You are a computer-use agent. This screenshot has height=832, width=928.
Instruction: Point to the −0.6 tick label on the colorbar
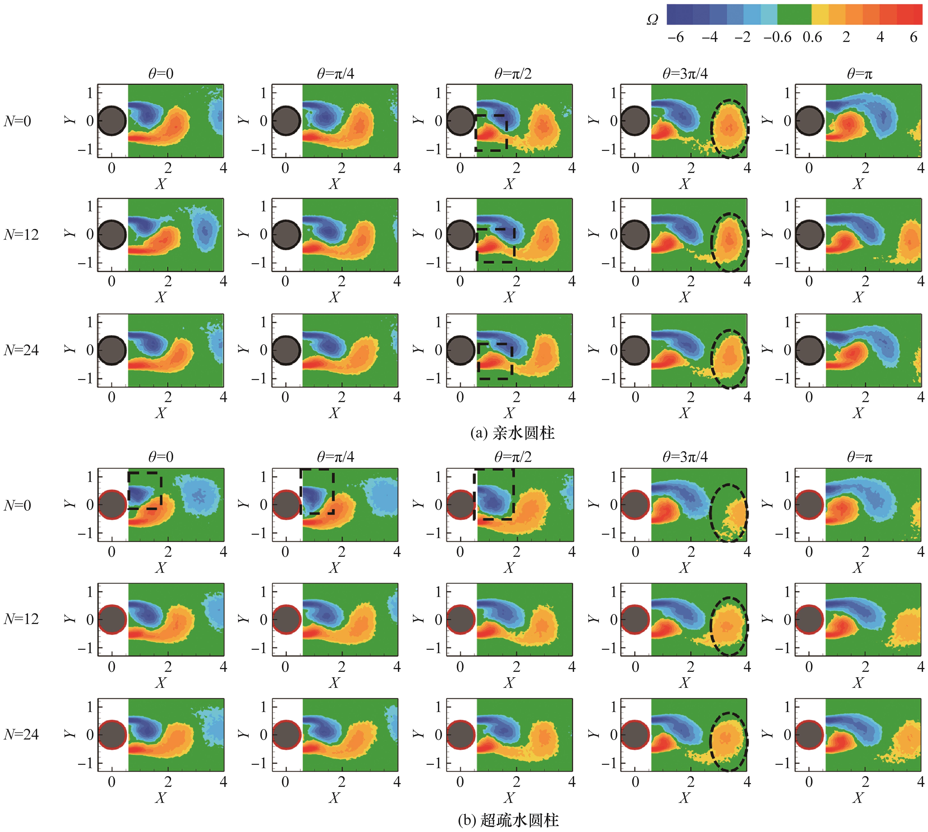point(777,37)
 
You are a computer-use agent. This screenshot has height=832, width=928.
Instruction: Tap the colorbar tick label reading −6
point(676,37)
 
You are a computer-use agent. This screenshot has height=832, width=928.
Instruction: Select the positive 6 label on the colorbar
point(913,37)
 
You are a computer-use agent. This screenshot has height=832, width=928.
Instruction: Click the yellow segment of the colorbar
point(820,14)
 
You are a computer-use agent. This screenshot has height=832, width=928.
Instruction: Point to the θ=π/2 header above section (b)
point(513,457)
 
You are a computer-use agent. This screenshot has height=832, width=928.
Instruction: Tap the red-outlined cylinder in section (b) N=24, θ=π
point(809,735)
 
